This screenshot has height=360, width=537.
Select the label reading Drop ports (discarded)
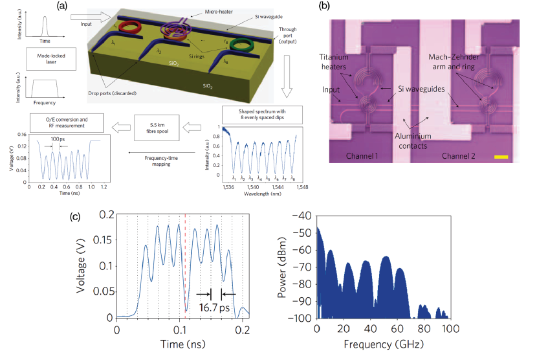(116, 96)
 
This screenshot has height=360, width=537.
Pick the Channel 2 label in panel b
(465, 157)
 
